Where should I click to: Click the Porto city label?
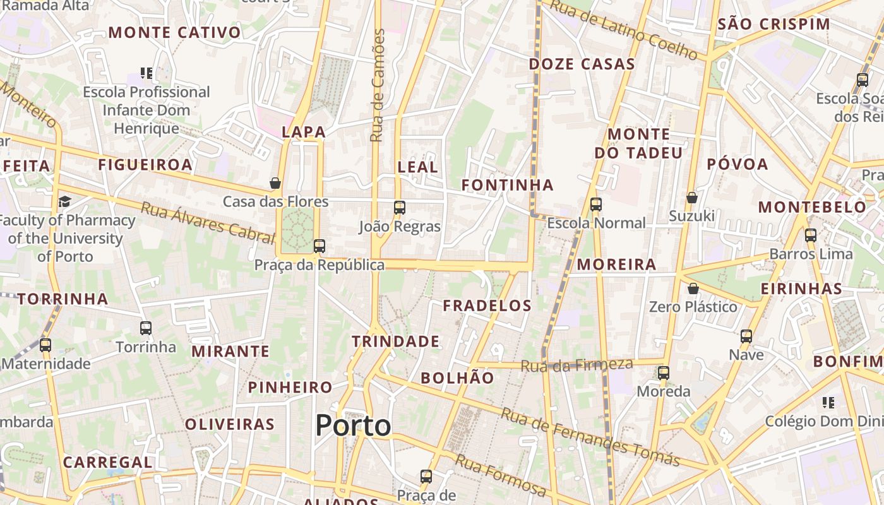click(x=353, y=425)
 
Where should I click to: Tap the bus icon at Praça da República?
click(x=320, y=246)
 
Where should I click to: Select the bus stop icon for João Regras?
click(x=399, y=208)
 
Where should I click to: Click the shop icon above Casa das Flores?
click(x=275, y=183)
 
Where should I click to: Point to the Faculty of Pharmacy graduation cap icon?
click(x=64, y=202)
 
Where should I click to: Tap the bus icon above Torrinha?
click(x=146, y=328)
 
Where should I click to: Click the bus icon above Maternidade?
click(x=45, y=345)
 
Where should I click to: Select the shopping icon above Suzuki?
click(x=692, y=198)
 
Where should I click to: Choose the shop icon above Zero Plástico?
click(x=693, y=288)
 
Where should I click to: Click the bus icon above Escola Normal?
click(x=595, y=205)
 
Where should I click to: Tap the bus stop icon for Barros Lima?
click(x=811, y=235)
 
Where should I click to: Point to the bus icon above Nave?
click(x=746, y=336)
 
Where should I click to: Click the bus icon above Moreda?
click(x=663, y=373)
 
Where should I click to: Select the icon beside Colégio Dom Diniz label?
click(x=828, y=402)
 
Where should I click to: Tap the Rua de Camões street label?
click(x=377, y=85)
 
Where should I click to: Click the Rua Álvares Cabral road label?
click(x=208, y=222)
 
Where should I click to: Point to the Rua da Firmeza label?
click(x=576, y=365)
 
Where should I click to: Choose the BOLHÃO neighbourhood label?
click(x=457, y=378)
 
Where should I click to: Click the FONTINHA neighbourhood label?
click(x=507, y=185)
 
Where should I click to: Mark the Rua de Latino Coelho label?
click(x=623, y=29)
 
